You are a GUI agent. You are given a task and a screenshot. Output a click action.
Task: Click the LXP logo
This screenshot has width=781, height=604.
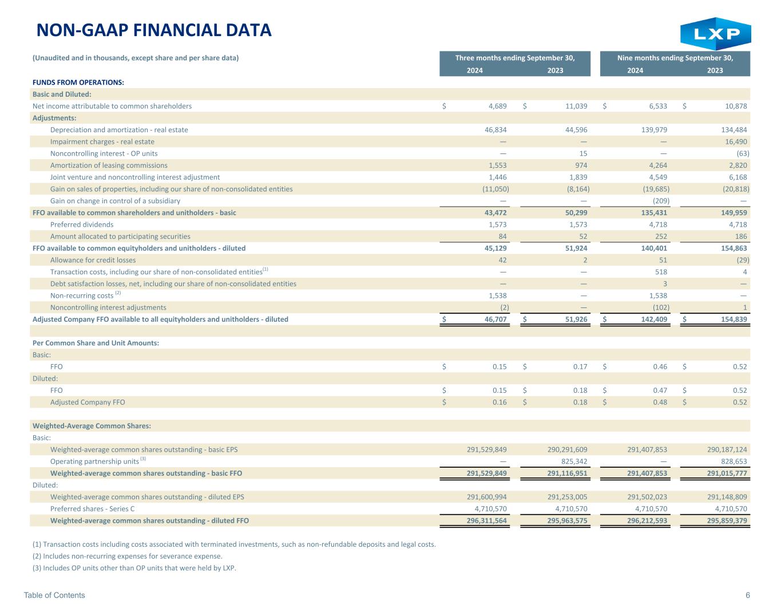715,34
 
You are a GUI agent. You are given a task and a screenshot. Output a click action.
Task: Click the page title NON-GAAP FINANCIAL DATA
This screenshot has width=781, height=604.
154,30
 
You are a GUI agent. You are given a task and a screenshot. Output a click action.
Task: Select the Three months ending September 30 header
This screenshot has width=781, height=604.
515,58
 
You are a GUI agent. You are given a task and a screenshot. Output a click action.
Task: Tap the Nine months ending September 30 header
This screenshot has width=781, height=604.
675,58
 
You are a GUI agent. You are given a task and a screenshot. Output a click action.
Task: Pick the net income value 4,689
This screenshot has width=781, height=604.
497,106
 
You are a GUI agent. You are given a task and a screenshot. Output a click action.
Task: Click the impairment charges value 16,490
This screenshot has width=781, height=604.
736,141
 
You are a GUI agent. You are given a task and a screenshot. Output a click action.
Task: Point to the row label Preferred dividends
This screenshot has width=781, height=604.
82,224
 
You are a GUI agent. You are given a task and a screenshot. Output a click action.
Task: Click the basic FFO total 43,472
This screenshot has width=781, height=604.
495,213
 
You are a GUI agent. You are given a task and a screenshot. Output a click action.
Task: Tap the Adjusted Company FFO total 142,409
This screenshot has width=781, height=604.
654,319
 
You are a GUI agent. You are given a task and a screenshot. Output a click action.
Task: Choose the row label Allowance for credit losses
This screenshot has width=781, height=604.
93,260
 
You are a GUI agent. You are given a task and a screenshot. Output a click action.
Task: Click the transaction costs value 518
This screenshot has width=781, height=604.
661,272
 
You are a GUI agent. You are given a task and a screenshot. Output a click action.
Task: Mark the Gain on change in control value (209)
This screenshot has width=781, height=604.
661,201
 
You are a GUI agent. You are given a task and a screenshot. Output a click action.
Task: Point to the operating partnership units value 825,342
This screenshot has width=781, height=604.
574,461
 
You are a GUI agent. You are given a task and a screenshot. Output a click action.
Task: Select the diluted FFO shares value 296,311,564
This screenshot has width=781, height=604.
487,520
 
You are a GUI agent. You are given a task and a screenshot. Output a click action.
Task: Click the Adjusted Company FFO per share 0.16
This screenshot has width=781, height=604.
499,402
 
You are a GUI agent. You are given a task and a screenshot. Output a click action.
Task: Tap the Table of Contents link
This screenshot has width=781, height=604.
54,595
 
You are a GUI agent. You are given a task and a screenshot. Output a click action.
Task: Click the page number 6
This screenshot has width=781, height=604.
748,595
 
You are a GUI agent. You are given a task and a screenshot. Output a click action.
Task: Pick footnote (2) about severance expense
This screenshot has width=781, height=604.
127,556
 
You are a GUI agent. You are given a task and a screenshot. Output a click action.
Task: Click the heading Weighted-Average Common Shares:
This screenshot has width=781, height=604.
92,426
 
